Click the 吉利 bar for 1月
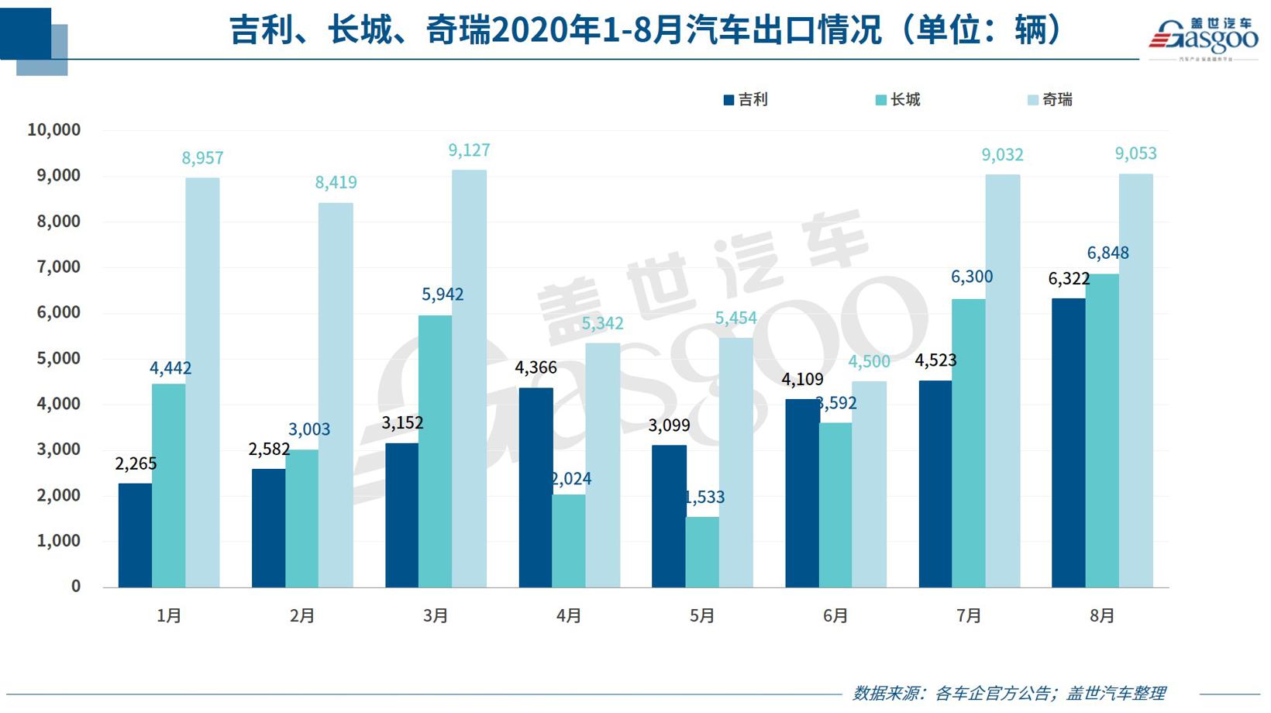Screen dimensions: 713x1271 coord(135,535)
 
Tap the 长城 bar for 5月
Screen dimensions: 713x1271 coord(702,552)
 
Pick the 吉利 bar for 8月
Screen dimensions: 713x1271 coord(1068,443)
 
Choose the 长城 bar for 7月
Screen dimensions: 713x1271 coord(969,443)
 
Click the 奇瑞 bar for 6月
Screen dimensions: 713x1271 coord(869,484)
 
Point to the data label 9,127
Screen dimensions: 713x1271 coord(469,150)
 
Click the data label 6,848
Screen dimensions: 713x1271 coord(1107,253)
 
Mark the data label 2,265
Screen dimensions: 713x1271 coord(136,464)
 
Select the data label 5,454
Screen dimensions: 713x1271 coord(735,319)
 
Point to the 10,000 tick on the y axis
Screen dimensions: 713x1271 coord(54,130)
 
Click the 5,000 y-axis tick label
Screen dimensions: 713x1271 coord(58,359)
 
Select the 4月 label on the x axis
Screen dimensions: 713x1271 coord(569,616)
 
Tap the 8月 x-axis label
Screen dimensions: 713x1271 coord(1102,616)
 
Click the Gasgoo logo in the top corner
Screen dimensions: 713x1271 coord(1204,36)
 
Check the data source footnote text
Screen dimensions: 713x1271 coord(1009,694)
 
